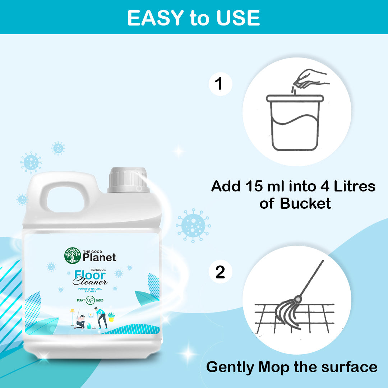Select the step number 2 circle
[220, 272]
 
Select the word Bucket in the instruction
[305, 204]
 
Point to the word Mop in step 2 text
[274, 367]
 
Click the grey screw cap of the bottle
[128, 179]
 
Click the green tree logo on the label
[73, 255]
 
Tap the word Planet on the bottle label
[100, 257]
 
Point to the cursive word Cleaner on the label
[90, 282]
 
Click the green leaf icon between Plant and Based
[90, 299]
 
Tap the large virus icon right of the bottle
[193, 225]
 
